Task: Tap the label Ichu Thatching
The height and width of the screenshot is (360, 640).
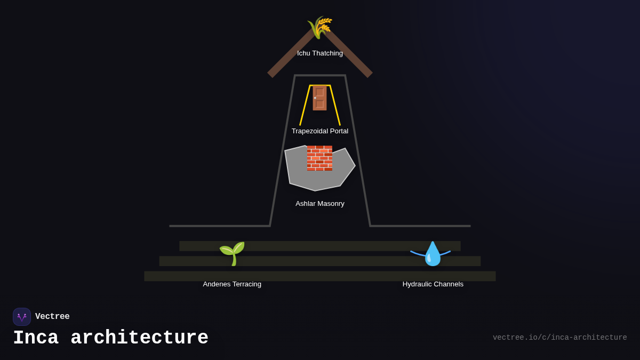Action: point(320,53)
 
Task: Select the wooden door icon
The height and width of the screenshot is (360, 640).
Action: point(319,98)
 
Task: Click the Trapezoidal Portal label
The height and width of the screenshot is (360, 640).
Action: point(320,131)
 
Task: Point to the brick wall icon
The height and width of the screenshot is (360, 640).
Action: point(319,158)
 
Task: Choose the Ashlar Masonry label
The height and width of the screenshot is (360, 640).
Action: point(320,204)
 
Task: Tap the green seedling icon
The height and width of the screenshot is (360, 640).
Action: point(232,253)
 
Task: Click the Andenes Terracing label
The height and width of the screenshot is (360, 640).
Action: point(232,284)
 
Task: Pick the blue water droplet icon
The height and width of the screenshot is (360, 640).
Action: point(433,254)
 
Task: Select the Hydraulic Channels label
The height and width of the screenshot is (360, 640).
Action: point(433,284)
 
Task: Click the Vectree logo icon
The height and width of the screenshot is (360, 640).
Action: point(22,317)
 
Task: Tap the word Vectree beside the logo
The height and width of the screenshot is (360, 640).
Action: point(52,317)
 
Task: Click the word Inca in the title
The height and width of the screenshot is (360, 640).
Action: point(35,338)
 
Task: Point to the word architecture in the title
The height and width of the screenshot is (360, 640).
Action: point(139,338)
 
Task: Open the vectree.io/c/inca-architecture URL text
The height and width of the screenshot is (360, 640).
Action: point(559,338)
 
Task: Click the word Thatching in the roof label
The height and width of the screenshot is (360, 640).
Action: point(327,53)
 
